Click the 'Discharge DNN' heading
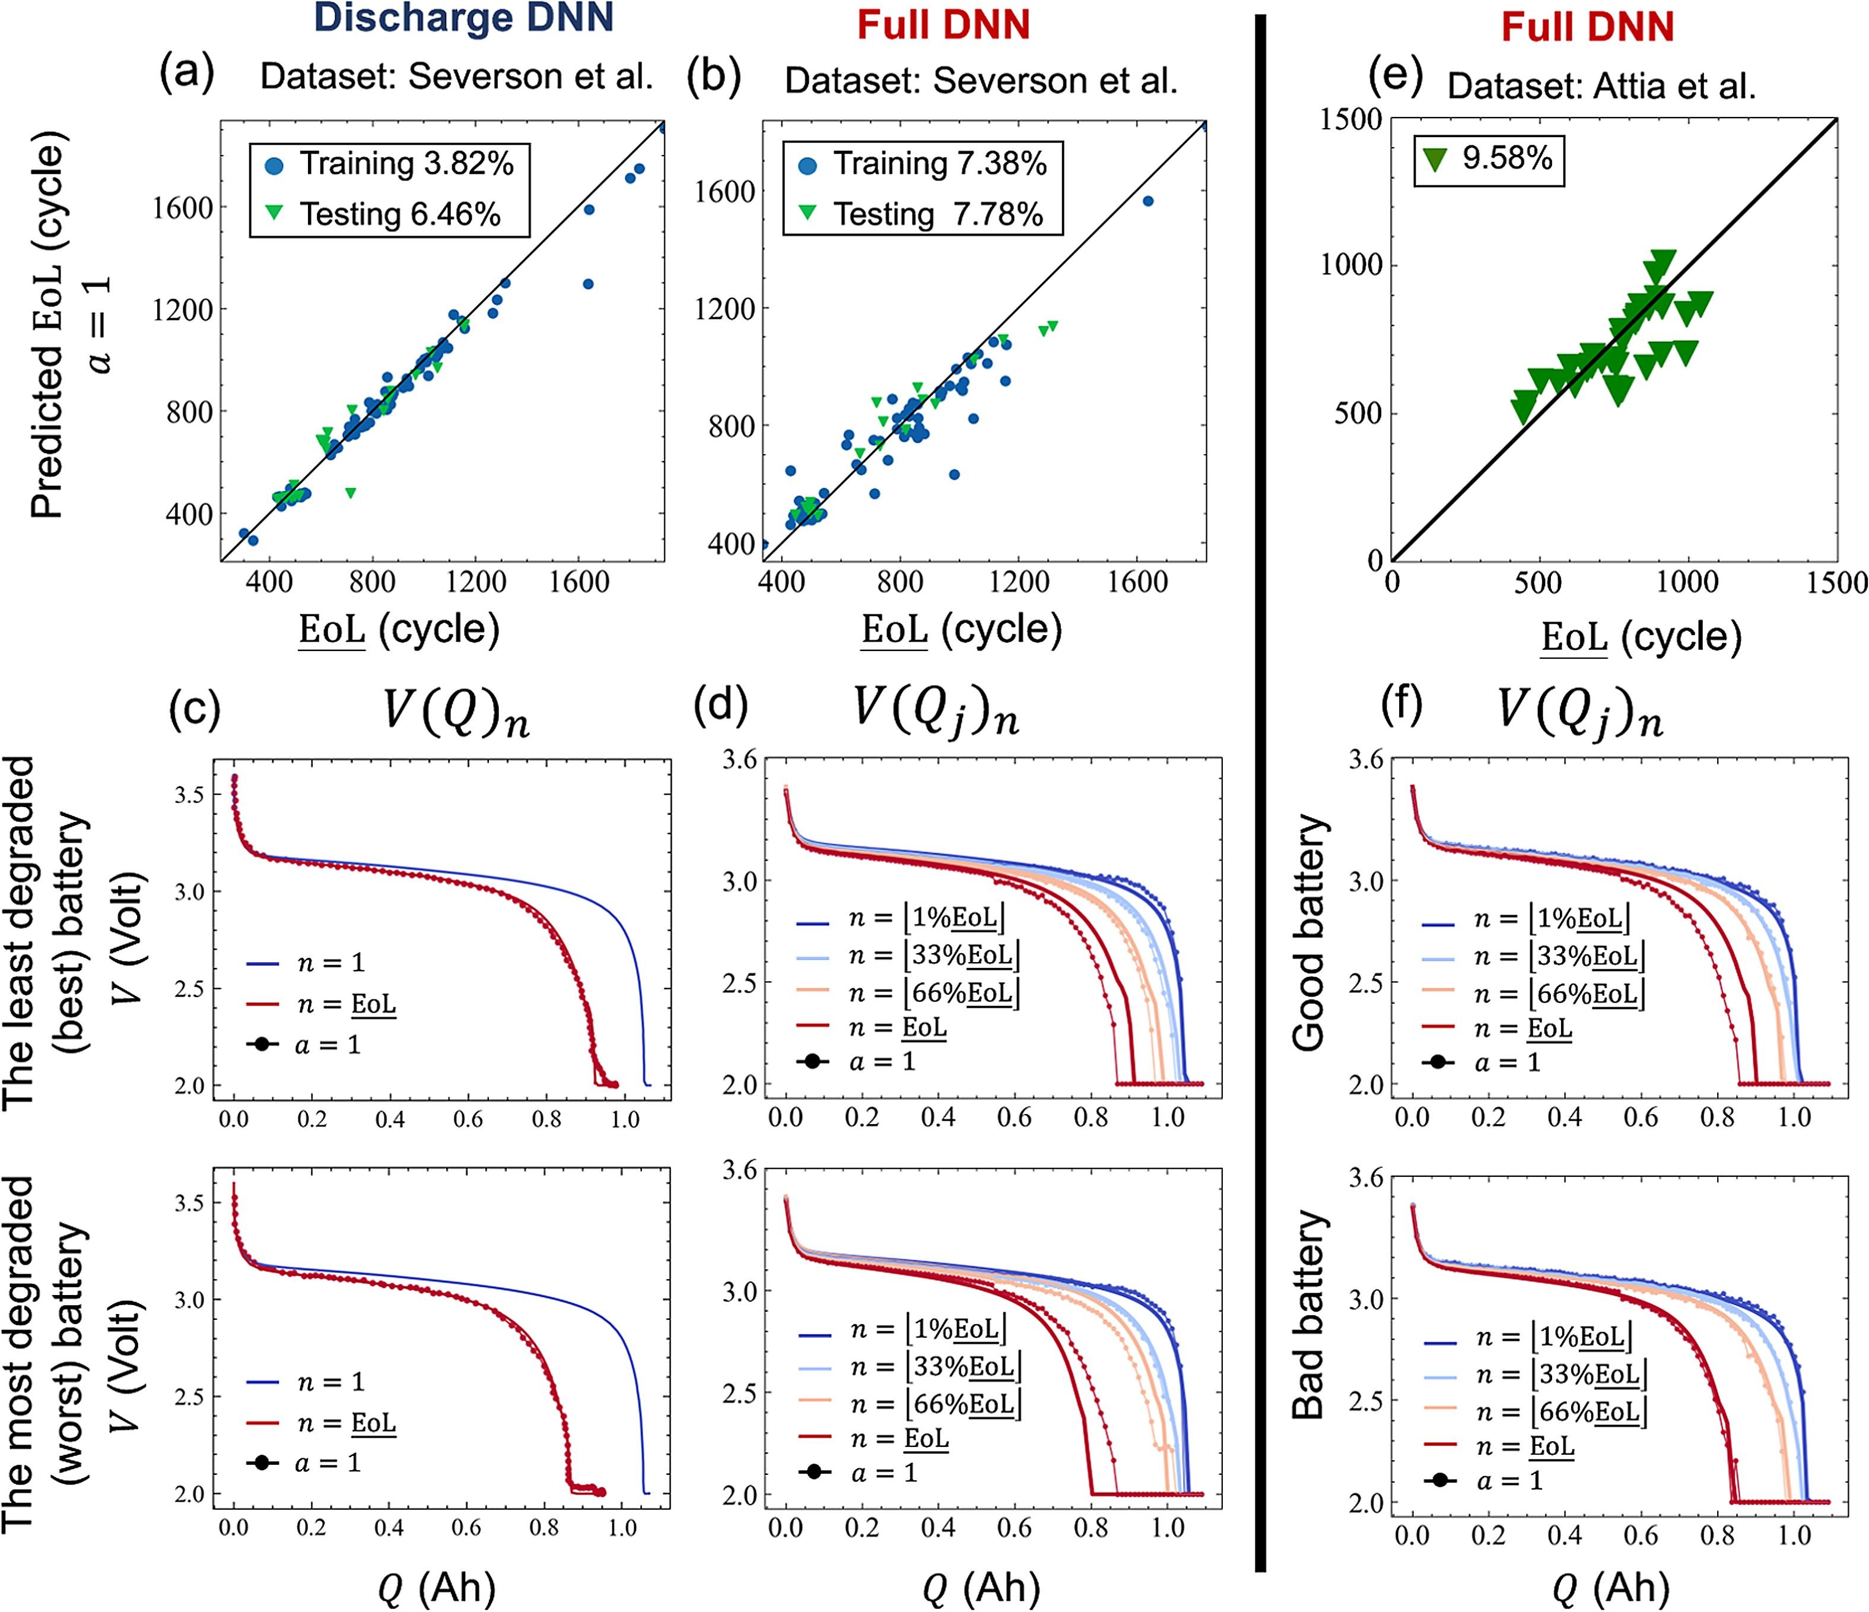coord(463,20)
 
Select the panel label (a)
coord(187,74)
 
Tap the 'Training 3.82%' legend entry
coord(406,164)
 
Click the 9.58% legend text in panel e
coord(1507,158)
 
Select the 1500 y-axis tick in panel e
coord(1351,119)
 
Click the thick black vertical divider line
coord(1261,794)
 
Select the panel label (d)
coord(721,707)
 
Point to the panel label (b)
coord(714,78)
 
